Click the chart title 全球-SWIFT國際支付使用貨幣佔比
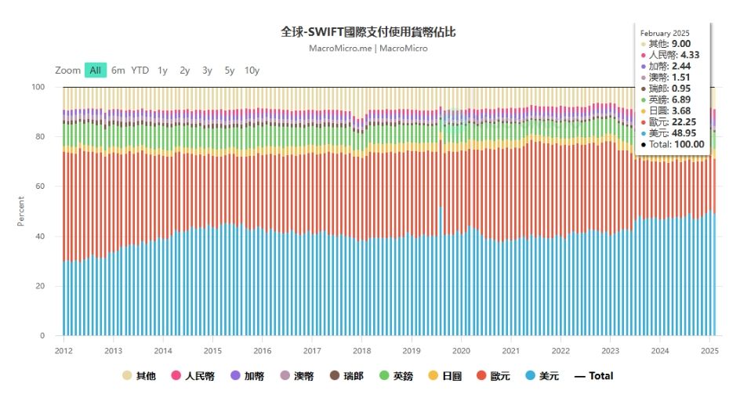coord(368,32)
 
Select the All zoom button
coord(95,70)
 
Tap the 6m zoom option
coord(118,70)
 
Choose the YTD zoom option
coord(140,70)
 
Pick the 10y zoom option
coord(252,70)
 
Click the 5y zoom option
coord(229,70)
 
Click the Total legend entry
coord(594,376)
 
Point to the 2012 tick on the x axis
coord(63,350)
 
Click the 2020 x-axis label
coord(462,350)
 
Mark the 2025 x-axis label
coord(710,350)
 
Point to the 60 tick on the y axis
coord(42,186)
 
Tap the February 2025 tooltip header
coord(665,33)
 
